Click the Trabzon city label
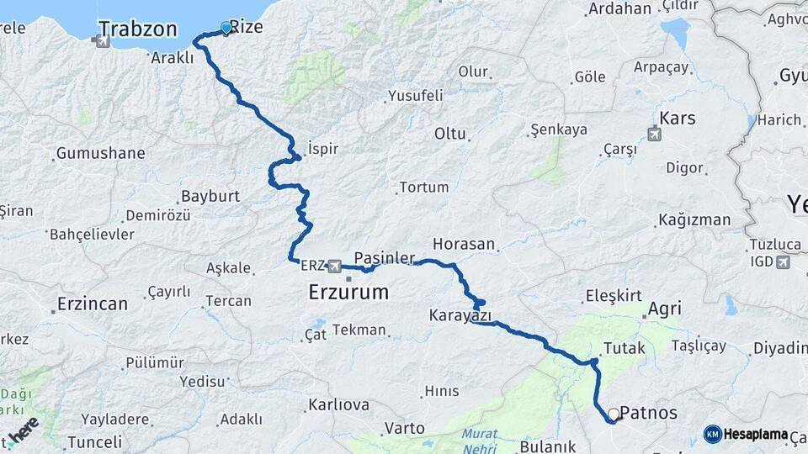point(137,29)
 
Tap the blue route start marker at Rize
point(226,28)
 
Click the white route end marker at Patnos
point(614,414)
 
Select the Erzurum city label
point(348,293)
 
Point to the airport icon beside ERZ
point(336,266)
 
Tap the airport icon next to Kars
point(654,134)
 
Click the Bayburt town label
point(210,196)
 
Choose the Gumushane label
point(100,154)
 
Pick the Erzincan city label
point(93,304)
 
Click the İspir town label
point(323,148)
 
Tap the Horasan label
point(464,244)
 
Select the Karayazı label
point(460,316)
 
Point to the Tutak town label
point(625,347)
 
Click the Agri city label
point(664,309)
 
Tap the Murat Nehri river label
point(479,440)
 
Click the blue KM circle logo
point(712,434)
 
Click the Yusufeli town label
point(415,95)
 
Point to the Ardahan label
point(620,9)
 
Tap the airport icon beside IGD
point(784,262)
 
